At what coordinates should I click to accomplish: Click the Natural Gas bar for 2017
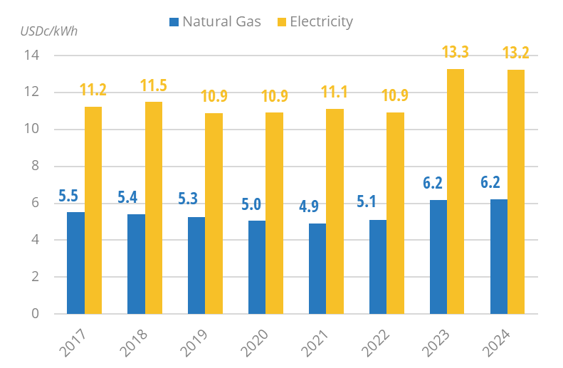click(75, 263)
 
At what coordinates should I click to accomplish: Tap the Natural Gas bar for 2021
click(317, 268)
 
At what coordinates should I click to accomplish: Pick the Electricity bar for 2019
click(214, 214)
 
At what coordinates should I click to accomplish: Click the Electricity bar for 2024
click(516, 191)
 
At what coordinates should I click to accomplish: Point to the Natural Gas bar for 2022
click(378, 267)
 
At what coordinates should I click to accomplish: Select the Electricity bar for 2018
click(154, 208)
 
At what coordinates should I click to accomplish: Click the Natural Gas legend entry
click(214, 21)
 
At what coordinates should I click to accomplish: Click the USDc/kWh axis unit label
click(48, 31)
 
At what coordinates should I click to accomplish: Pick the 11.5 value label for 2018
click(154, 86)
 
